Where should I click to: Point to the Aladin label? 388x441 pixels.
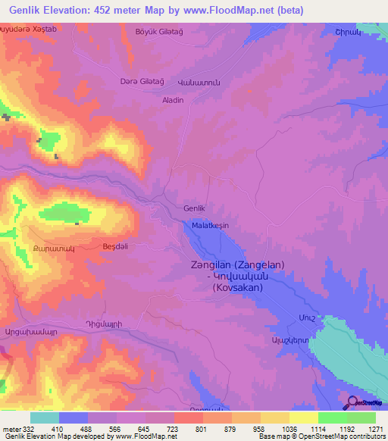(173, 100)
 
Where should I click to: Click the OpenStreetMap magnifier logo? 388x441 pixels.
(353, 403)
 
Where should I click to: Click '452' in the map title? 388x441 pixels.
(111, 10)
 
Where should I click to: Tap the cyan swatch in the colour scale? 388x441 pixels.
(45, 418)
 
